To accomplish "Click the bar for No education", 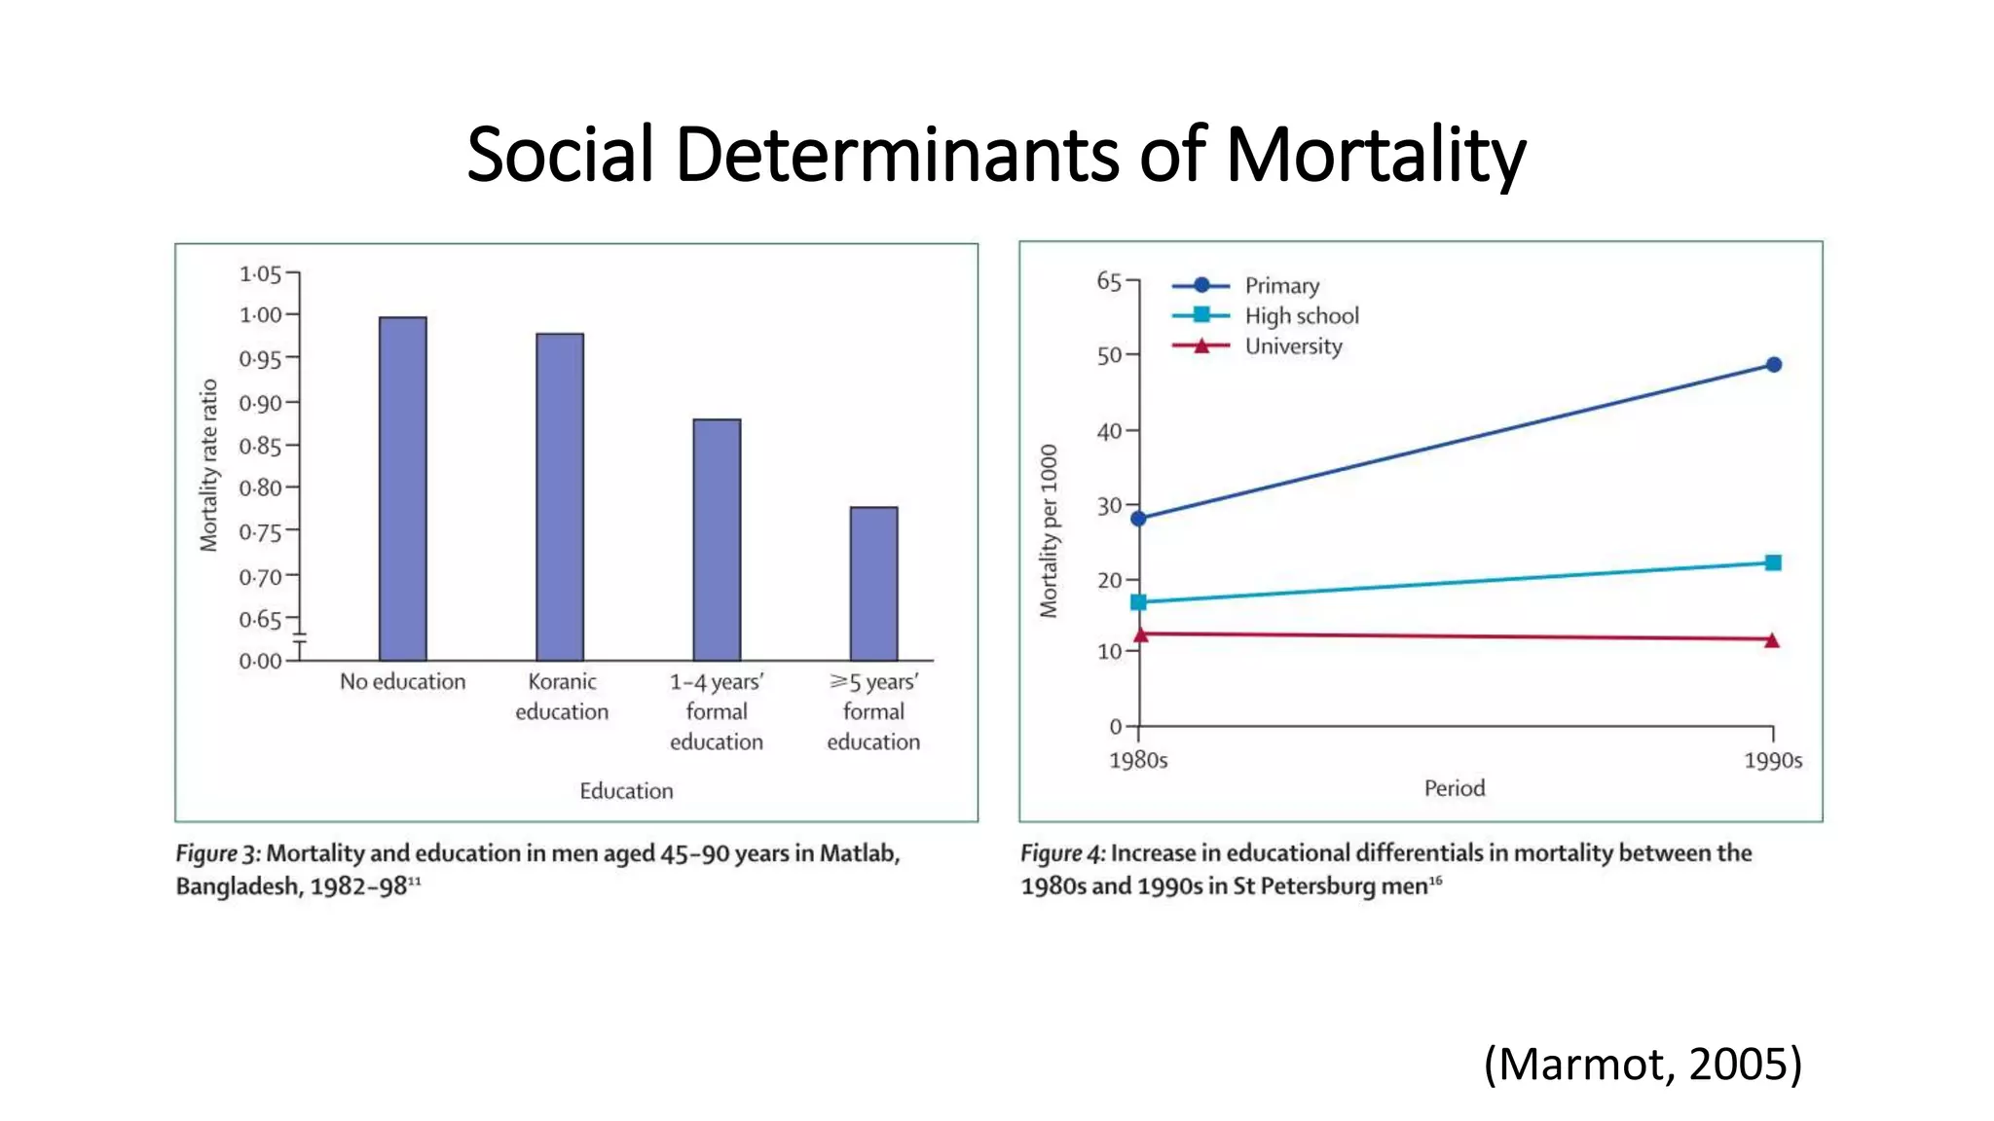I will click(x=402, y=488).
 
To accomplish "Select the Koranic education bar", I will click(x=560, y=496).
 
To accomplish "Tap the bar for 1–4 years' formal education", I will click(x=717, y=539).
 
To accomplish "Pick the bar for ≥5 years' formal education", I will click(x=873, y=583).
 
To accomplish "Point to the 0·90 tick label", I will click(x=260, y=403).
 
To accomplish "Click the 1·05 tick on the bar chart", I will click(x=260, y=274).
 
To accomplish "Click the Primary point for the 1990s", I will click(x=1773, y=365).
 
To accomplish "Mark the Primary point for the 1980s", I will click(x=1138, y=519).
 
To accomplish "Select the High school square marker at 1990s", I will click(x=1773, y=562).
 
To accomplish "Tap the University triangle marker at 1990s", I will click(x=1772, y=640).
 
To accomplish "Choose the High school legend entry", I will click(x=1301, y=315).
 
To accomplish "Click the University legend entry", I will click(x=1293, y=346).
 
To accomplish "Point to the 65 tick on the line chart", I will click(x=1109, y=281).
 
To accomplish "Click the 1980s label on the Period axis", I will click(x=1138, y=760).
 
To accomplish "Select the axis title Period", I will click(x=1455, y=788).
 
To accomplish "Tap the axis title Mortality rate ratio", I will click(x=208, y=465).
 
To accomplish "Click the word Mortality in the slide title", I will click(x=1375, y=155).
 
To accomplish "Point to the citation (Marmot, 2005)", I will click(x=1643, y=1064).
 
